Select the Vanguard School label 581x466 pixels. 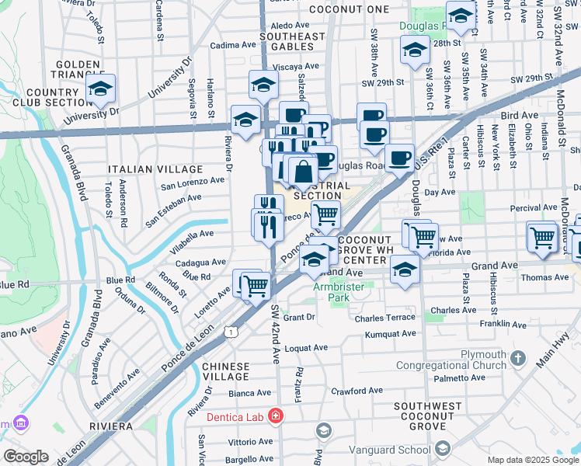coord(391,449)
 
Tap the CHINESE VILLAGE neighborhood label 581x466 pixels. coord(226,371)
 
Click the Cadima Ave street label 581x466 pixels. coord(234,45)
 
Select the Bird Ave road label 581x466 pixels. coord(520,115)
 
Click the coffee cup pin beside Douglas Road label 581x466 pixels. coord(400,158)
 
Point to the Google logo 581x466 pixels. coord(26,457)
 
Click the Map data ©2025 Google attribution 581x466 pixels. coord(532,460)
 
